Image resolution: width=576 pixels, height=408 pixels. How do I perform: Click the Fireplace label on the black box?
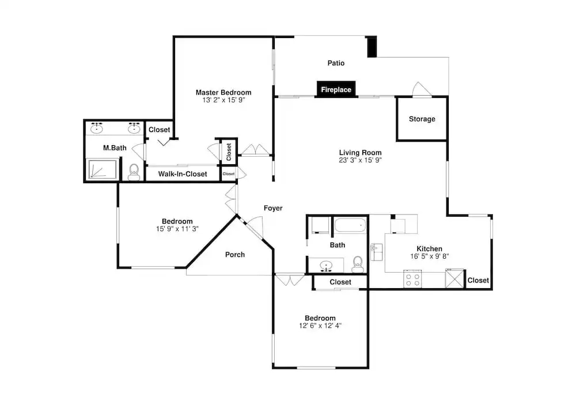click(336, 90)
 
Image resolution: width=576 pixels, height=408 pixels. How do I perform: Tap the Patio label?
click(336, 63)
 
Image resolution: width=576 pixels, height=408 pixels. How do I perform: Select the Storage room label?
click(422, 119)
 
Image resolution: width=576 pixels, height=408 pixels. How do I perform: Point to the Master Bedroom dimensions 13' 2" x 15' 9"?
click(223, 100)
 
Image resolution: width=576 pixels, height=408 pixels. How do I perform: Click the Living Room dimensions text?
click(360, 160)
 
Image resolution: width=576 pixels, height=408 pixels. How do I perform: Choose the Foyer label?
click(273, 209)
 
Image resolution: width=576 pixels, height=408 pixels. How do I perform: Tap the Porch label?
click(235, 255)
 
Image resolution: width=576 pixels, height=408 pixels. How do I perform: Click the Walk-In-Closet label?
click(183, 174)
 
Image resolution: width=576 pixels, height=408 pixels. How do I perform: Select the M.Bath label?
click(115, 148)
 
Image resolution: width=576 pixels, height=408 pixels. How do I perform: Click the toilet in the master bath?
click(134, 172)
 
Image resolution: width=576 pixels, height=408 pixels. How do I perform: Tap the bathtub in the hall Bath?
click(350, 225)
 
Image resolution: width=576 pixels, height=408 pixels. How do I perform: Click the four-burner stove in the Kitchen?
click(412, 279)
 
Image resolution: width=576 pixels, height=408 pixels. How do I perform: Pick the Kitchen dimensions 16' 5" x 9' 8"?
click(430, 256)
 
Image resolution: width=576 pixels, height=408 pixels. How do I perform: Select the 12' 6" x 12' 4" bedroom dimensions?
click(320, 326)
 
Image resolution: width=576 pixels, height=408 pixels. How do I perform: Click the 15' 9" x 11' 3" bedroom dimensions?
click(177, 229)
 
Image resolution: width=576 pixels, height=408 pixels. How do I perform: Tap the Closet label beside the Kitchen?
click(478, 281)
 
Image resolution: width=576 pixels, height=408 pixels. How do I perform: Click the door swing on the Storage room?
click(422, 89)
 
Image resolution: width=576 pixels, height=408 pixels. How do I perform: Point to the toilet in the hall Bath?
click(358, 265)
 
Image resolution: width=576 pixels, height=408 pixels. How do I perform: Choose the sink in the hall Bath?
click(325, 266)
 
